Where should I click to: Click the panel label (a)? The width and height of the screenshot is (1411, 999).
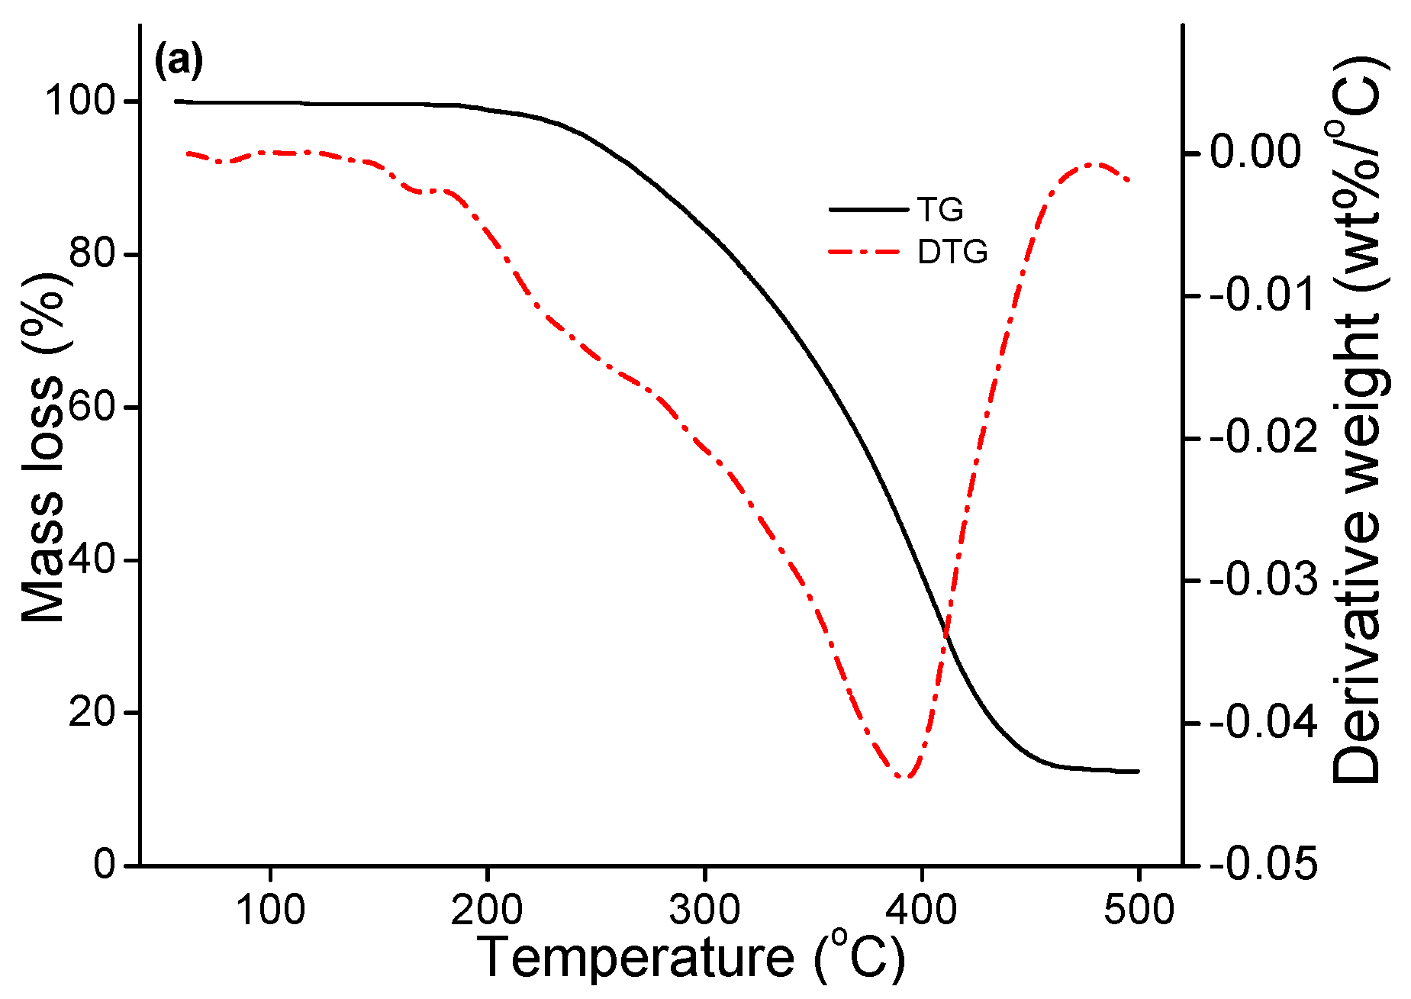click(179, 61)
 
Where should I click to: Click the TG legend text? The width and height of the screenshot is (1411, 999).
click(940, 209)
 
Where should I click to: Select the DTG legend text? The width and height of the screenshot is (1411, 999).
click(952, 252)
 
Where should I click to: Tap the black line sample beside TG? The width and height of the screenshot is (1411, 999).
click(868, 209)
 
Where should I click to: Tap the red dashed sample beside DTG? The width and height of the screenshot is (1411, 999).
click(868, 252)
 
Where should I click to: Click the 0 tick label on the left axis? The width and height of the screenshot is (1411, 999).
click(105, 865)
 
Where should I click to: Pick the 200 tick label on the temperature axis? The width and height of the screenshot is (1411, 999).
click(486, 910)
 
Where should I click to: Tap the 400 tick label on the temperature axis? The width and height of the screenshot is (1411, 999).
click(922, 910)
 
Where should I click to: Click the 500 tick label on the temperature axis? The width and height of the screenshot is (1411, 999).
click(1139, 910)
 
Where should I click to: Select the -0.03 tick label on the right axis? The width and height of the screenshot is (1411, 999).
click(1263, 580)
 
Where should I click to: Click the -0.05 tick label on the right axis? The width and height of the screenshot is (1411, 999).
click(1263, 865)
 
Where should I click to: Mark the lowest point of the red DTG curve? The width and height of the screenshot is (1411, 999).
click(906, 778)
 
